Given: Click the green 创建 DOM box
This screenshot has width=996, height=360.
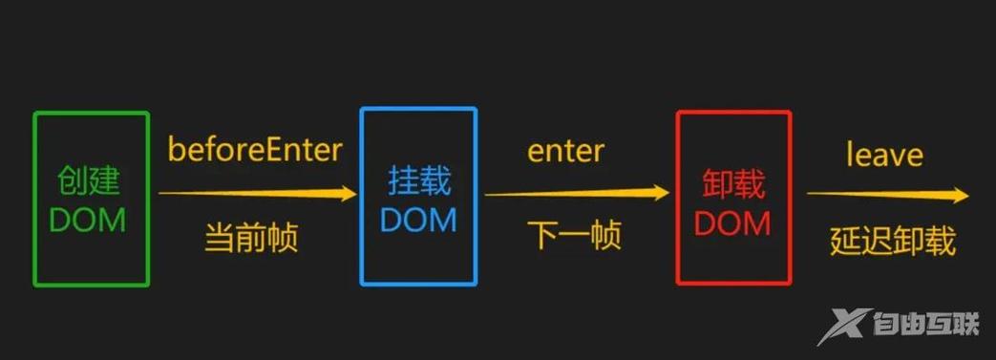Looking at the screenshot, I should [x=91, y=199].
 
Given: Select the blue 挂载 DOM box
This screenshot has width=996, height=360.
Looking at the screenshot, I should [x=418, y=197].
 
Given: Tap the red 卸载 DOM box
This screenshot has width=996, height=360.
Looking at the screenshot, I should [x=733, y=198].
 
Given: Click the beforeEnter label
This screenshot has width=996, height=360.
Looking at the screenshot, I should [x=255, y=150].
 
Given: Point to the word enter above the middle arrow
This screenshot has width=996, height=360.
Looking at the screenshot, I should [x=565, y=151].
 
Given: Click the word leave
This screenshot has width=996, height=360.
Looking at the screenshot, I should [x=884, y=154].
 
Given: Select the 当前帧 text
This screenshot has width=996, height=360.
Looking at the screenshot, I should [x=251, y=237].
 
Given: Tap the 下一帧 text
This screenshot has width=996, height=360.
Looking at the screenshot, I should [x=575, y=235].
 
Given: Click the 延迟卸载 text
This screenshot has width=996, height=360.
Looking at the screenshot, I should [x=892, y=241].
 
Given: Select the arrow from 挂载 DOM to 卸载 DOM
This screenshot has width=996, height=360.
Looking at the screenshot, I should [x=577, y=194].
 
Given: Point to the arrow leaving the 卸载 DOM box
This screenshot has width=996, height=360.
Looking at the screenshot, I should [x=888, y=195].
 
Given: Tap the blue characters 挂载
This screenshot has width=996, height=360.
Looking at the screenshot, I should [x=419, y=180].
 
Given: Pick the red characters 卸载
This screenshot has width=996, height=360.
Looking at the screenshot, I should [x=733, y=181].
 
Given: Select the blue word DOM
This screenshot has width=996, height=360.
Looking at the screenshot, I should [x=418, y=220].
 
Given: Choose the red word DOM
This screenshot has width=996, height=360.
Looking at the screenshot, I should [x=732, y=222].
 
